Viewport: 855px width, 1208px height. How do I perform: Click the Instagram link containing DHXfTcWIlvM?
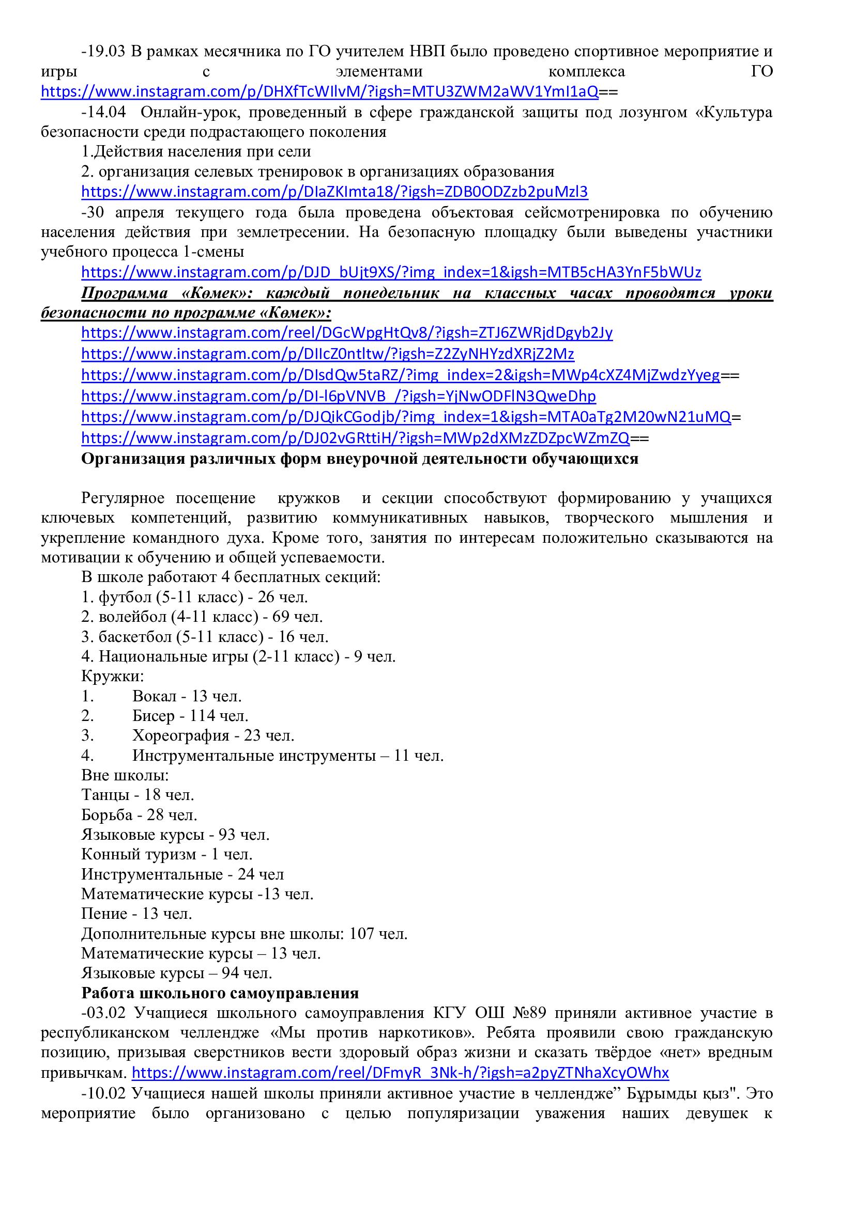coord(319,92)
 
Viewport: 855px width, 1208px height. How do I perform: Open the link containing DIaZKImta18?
coord(334,192)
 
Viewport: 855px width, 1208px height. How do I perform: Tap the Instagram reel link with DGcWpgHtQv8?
coord(347,333)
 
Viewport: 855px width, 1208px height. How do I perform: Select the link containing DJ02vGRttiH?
coord(355,438)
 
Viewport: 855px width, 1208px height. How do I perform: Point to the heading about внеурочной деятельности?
coord(360,459)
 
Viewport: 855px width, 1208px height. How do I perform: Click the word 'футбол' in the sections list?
coord(118,597)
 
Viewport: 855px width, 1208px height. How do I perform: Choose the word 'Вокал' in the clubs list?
coord(154,696)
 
